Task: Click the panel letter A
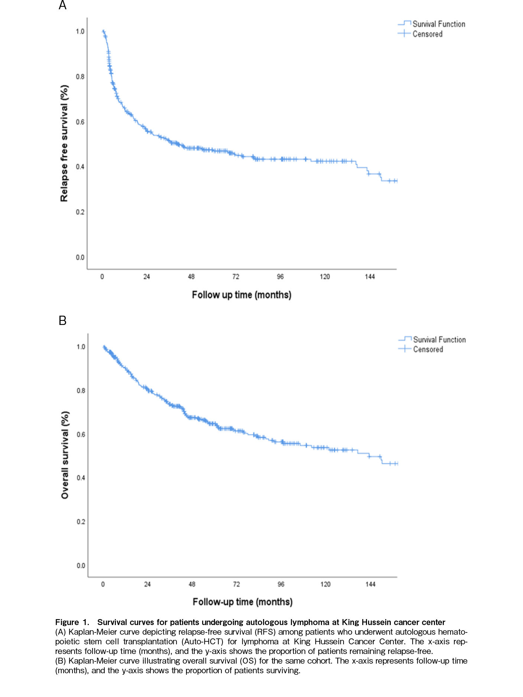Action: pyautogui.click(x=62, y=6)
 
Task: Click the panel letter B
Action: pyautogui.click(x=62, y=320)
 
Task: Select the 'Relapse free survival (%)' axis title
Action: pyautogui.click(x=64, y=143)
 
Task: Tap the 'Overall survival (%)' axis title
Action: pyautogui.click(x=65, y=455)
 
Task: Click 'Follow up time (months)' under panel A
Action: pyautogui.click(x=241, y=295)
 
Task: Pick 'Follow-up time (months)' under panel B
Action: pyautogui.click(x=243, y=602)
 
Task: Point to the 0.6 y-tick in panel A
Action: pyautogui.click(x=80, y=122)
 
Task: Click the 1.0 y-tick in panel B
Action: pyautogui.click(x=81, y=347)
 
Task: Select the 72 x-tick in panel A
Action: pyautogui.click(x=235, y=277)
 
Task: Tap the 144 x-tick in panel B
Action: pyautogui.click(x=370, y=584)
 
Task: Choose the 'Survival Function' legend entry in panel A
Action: pyautogui.click(x=439, y=24)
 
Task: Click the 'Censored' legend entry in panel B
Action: pyautogui.click(x=428, y=349)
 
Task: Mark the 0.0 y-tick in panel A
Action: pyautogui.click(x=80, y=257)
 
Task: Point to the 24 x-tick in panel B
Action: pyautogui.click(x=147, y=584)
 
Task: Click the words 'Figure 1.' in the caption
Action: pyautogui.click(x=72, y=622)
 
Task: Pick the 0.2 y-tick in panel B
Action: pyautogui.click(x=81, y=522)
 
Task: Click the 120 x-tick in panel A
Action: pyautogui.click(x=325, y=277)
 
